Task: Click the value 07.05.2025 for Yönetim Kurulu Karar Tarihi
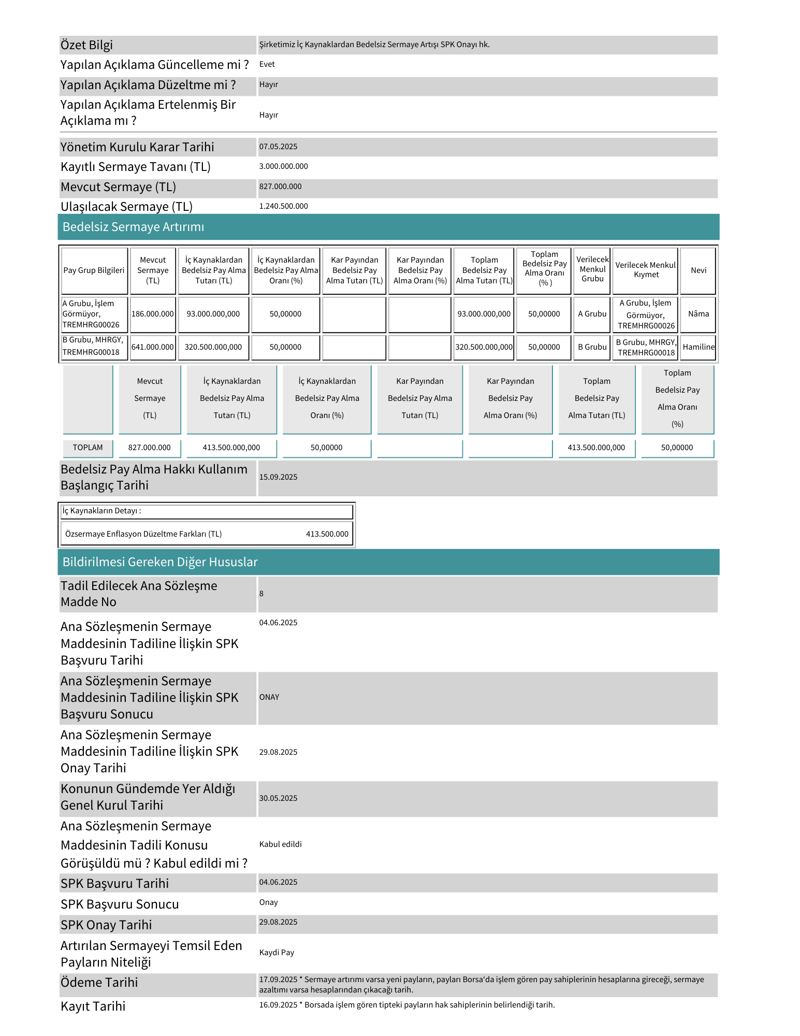279,147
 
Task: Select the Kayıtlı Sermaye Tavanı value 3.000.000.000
283,166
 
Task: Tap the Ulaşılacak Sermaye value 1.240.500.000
283,206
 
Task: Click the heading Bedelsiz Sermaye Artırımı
133,227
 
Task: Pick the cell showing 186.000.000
153,314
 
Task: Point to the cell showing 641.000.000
153,347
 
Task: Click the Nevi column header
699,270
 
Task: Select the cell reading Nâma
699,314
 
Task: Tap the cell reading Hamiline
699,347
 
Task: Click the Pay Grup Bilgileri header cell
94,270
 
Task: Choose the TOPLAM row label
88,448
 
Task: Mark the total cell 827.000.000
150,448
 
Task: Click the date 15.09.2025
279,477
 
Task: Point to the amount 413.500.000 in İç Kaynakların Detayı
327,534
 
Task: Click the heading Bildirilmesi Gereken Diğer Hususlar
160,562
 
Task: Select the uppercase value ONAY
269,697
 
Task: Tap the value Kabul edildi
281,844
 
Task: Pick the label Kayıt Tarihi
93,1006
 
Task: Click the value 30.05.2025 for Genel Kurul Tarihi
279,798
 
